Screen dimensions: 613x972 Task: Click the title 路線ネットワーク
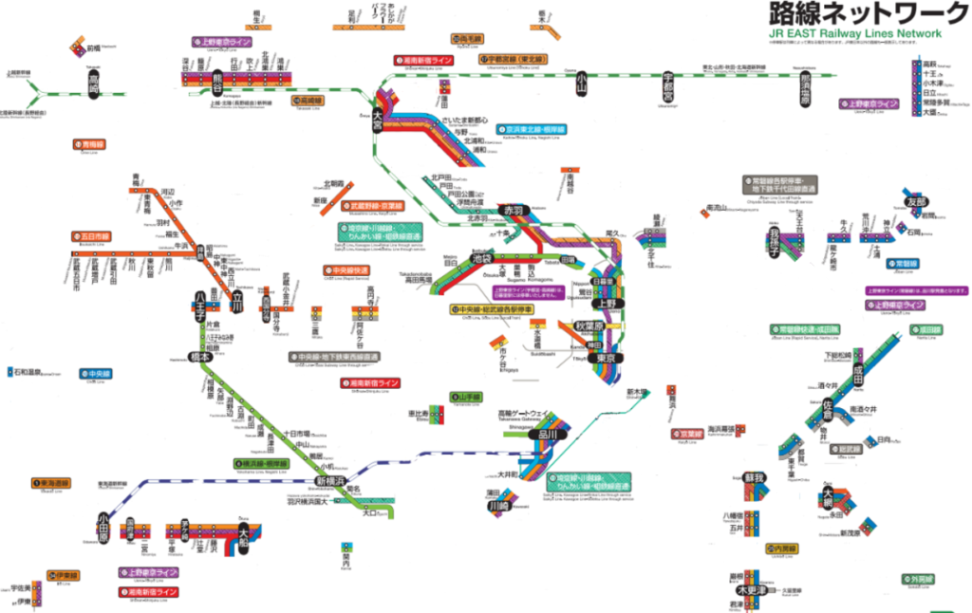(x=853, y=15)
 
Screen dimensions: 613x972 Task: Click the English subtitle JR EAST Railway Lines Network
(x=854, y=34)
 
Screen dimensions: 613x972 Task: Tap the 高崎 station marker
(x=93, y=87)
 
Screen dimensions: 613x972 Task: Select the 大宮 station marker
(x=378, y=119)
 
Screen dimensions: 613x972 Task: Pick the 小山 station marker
(x=582, y=84)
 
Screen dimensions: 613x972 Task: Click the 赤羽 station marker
(x=514, y=209)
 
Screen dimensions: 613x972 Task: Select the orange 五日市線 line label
(x=90, y=236)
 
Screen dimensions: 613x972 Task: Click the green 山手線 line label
(x=467, y=397)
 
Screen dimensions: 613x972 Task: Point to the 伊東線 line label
(x=62, y=575)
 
